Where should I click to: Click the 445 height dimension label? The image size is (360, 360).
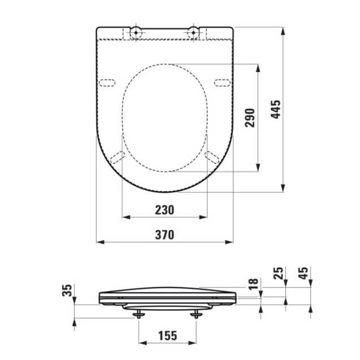tap(276, 109)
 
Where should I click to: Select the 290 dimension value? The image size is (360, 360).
tap(251, 117)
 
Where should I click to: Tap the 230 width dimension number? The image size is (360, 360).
tap(165, 210)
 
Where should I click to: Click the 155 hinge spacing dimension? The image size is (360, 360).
tap(167, 335)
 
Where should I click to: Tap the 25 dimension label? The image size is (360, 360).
tap(277, 275)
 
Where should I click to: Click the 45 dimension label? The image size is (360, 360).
tap(303, 275)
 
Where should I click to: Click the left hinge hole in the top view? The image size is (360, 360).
tap(136, 32)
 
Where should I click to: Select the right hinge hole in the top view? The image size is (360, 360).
tap(194, 32)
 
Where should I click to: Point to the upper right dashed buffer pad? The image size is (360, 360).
tap(222, 83)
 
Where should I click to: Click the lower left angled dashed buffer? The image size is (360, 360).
tap(117, 157)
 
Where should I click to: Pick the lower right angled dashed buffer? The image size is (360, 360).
tap(213, 157)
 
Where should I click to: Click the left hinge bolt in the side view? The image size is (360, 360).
tap(138, 312)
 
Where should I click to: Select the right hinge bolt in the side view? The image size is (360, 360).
tap(196, 312)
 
